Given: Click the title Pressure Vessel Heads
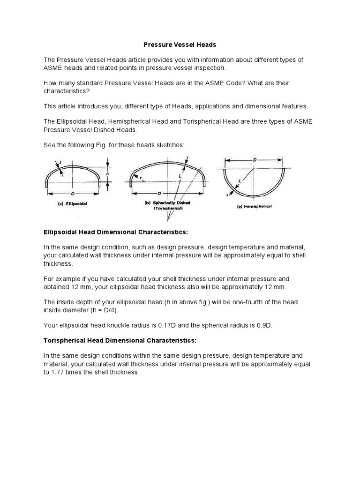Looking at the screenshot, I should coord(180,45).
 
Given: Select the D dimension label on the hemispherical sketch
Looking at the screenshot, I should coord(254,160).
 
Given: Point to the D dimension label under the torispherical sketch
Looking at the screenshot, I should coord(159,193).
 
